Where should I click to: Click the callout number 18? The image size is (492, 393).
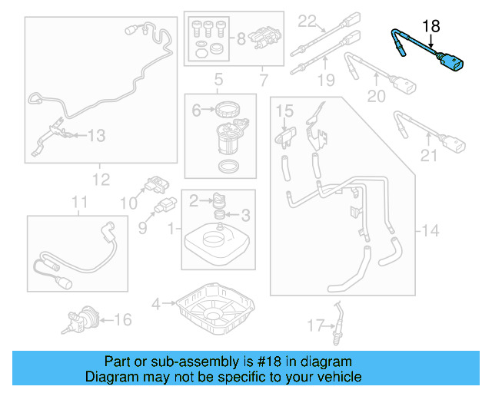point(431,26)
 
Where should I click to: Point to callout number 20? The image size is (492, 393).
point(376,96)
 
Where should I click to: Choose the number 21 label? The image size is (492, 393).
point(428,156)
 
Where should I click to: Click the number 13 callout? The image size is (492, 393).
point(95,137)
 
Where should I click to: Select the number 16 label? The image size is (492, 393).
point(123,319)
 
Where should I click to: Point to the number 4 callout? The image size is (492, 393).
point(156,304)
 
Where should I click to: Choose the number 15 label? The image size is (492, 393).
point(285,112)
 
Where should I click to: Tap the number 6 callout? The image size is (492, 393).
point(196,111)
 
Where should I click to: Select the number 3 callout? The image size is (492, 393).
point(245,214)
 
